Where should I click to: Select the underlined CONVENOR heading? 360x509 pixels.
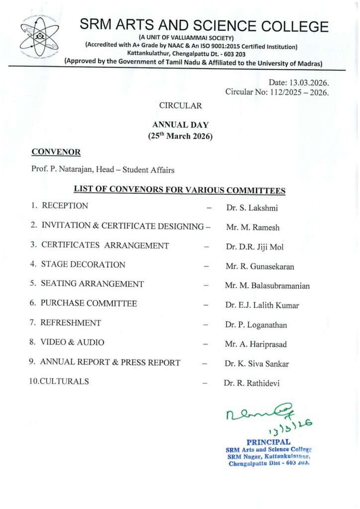(56, 151)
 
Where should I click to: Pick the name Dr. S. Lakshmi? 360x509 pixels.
(249, 208)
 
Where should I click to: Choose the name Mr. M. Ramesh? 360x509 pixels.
(253, 228)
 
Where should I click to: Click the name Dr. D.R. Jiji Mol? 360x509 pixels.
(255, 247)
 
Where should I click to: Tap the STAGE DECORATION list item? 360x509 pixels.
(83, 265)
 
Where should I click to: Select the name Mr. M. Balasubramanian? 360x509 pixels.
(267, 286)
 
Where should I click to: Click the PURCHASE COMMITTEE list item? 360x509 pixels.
(89, 303)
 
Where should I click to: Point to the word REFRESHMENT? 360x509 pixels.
(71, 323)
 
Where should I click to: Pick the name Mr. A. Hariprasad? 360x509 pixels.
(256, 344)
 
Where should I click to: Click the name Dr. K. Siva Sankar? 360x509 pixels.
(257, 364)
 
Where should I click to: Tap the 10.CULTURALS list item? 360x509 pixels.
(59, 381)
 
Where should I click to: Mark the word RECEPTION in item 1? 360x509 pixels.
(65, 206)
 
